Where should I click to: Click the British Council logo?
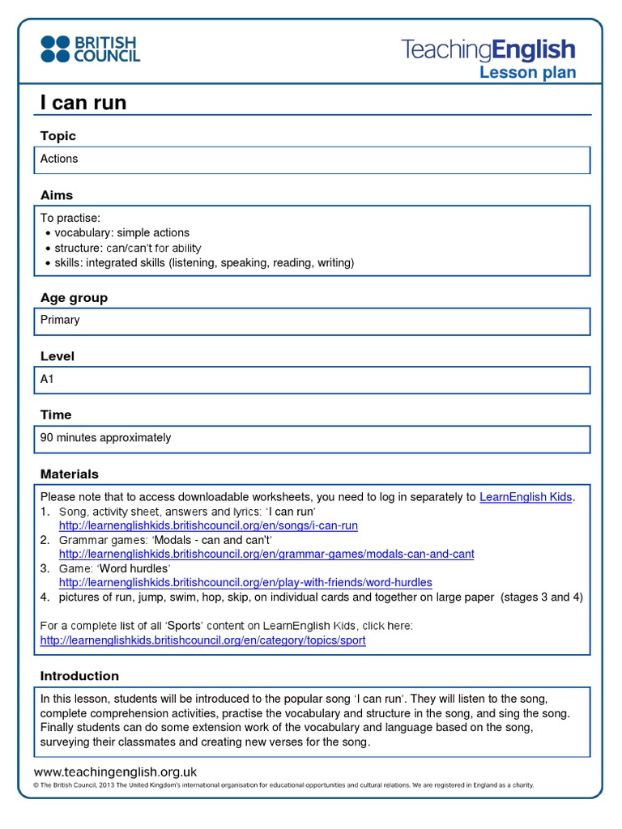click(90, 49)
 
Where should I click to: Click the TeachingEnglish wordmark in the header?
click(488, 49)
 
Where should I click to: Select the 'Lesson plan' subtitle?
click(527, 73)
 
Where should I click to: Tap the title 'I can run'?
click(83, 103)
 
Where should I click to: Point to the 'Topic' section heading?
click(58, 136)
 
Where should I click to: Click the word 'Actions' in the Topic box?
click(59, 159)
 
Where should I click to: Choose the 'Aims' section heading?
click(57, 195)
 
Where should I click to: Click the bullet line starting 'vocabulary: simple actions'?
click(121, 233)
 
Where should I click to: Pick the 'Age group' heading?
click(74, 298)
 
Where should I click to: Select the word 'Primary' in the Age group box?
click(60, 320)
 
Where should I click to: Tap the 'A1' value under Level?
click(47, 379)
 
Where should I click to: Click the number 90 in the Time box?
click(47, 438)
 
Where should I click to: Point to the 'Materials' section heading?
click(70, 474)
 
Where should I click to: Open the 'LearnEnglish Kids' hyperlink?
click(526, 497)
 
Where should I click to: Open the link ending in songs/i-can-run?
click(208, 525)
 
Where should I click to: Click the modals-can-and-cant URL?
click(266, 554)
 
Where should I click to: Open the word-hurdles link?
click(245, 582)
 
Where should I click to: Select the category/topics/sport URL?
click(202, 640)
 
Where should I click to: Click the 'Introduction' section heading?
click(79, 676)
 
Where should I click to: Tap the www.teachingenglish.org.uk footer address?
click(115, 772)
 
